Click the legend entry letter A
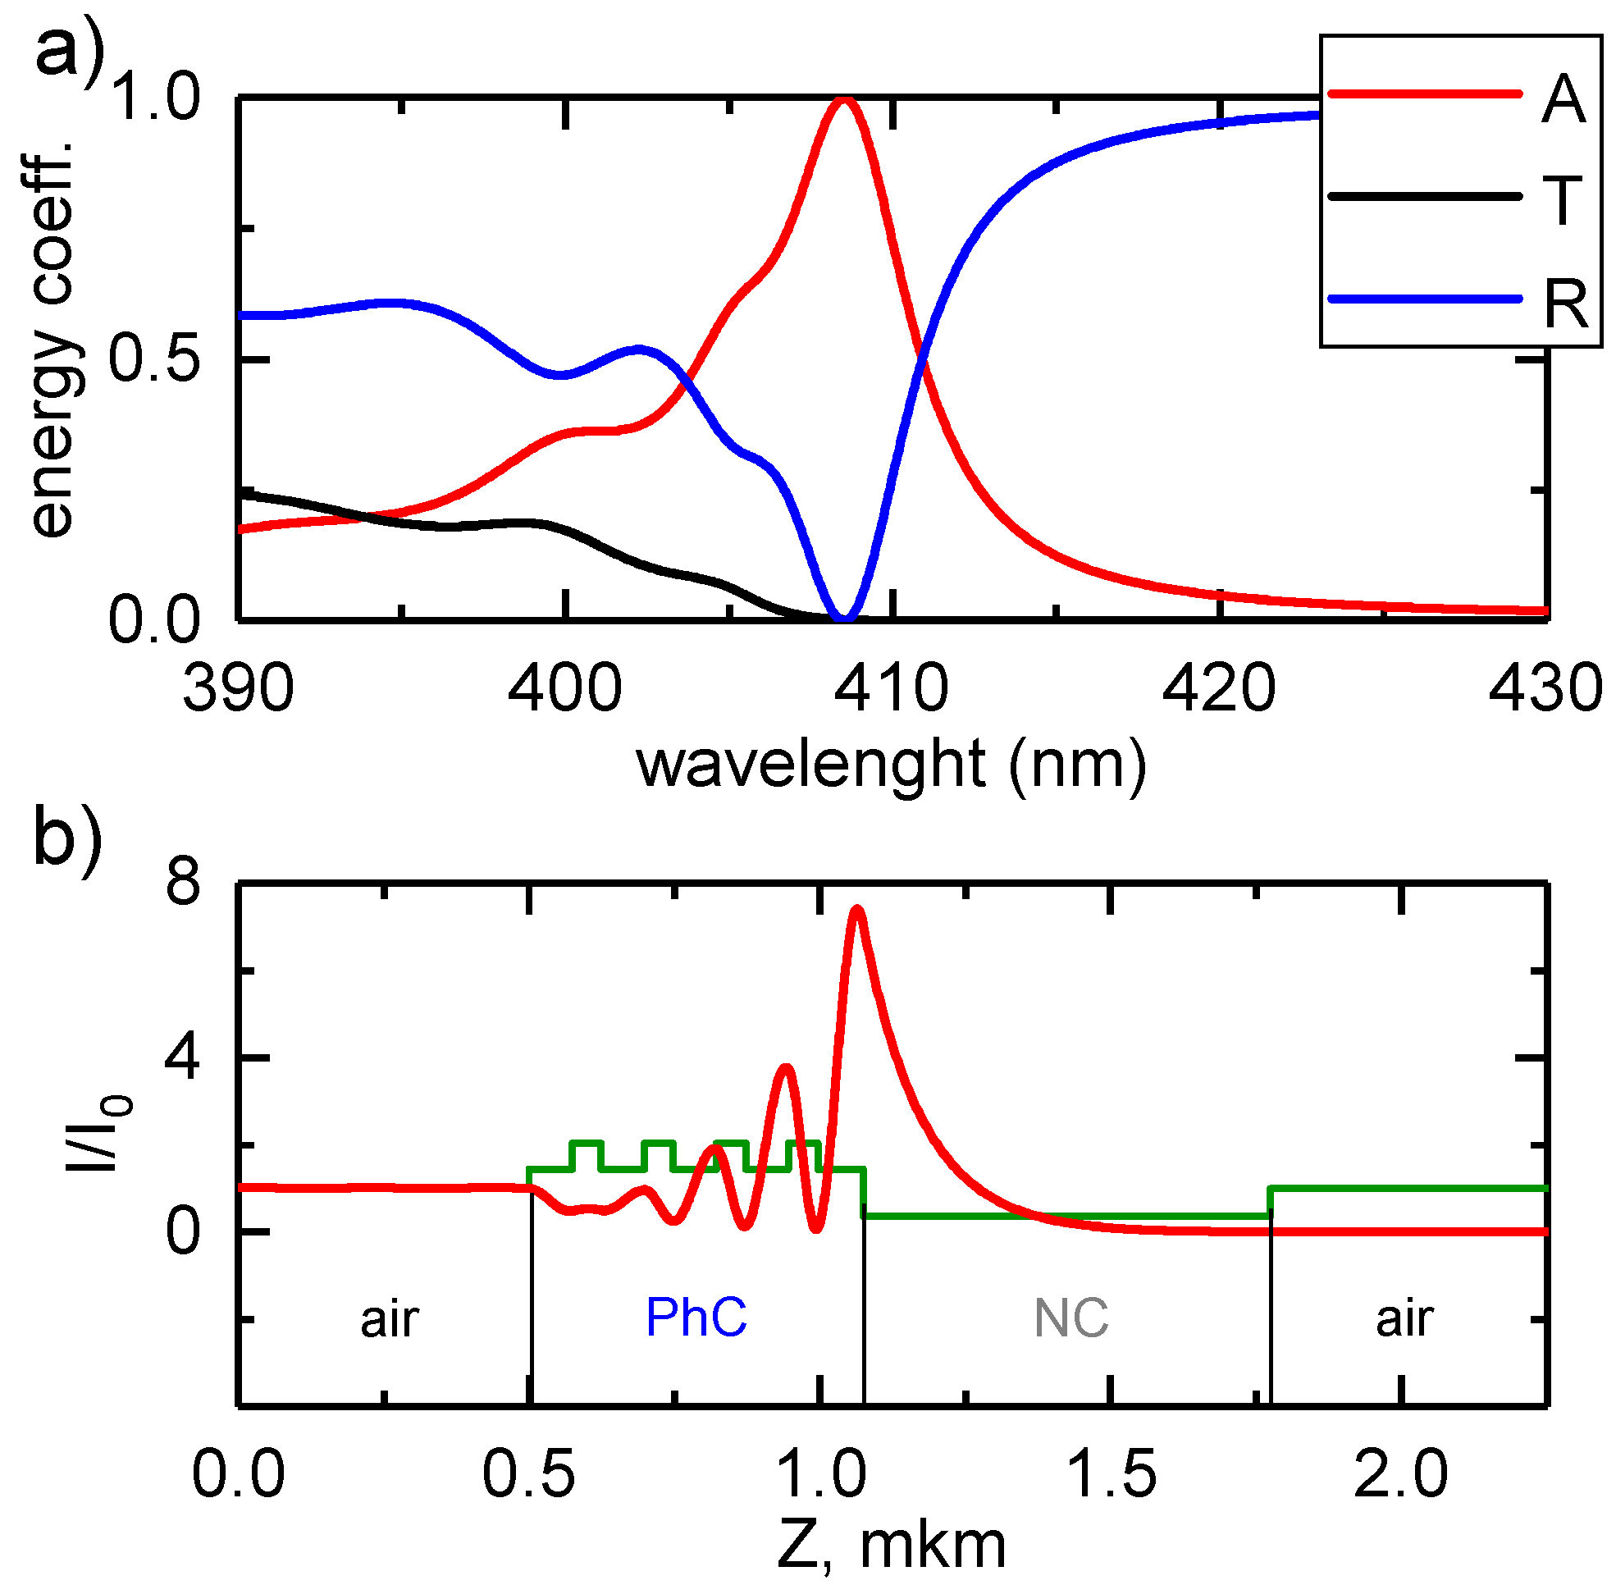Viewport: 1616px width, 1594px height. [1563, 99]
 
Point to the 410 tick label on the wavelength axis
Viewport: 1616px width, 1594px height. [892, 689]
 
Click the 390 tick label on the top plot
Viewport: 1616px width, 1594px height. [239, 689]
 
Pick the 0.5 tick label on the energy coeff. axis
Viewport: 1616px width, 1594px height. [156, 360]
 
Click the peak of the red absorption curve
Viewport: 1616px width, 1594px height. [845, 99]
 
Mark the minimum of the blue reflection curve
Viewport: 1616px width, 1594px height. [844, 618]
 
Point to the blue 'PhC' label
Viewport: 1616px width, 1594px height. [696, 1319]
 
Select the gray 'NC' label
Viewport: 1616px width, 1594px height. [1070, 1319]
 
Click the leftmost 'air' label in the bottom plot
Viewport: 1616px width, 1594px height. [389, 1321]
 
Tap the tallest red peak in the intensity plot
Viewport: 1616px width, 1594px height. [856, 909]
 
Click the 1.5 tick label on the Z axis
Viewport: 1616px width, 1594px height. [1112, 1474]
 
